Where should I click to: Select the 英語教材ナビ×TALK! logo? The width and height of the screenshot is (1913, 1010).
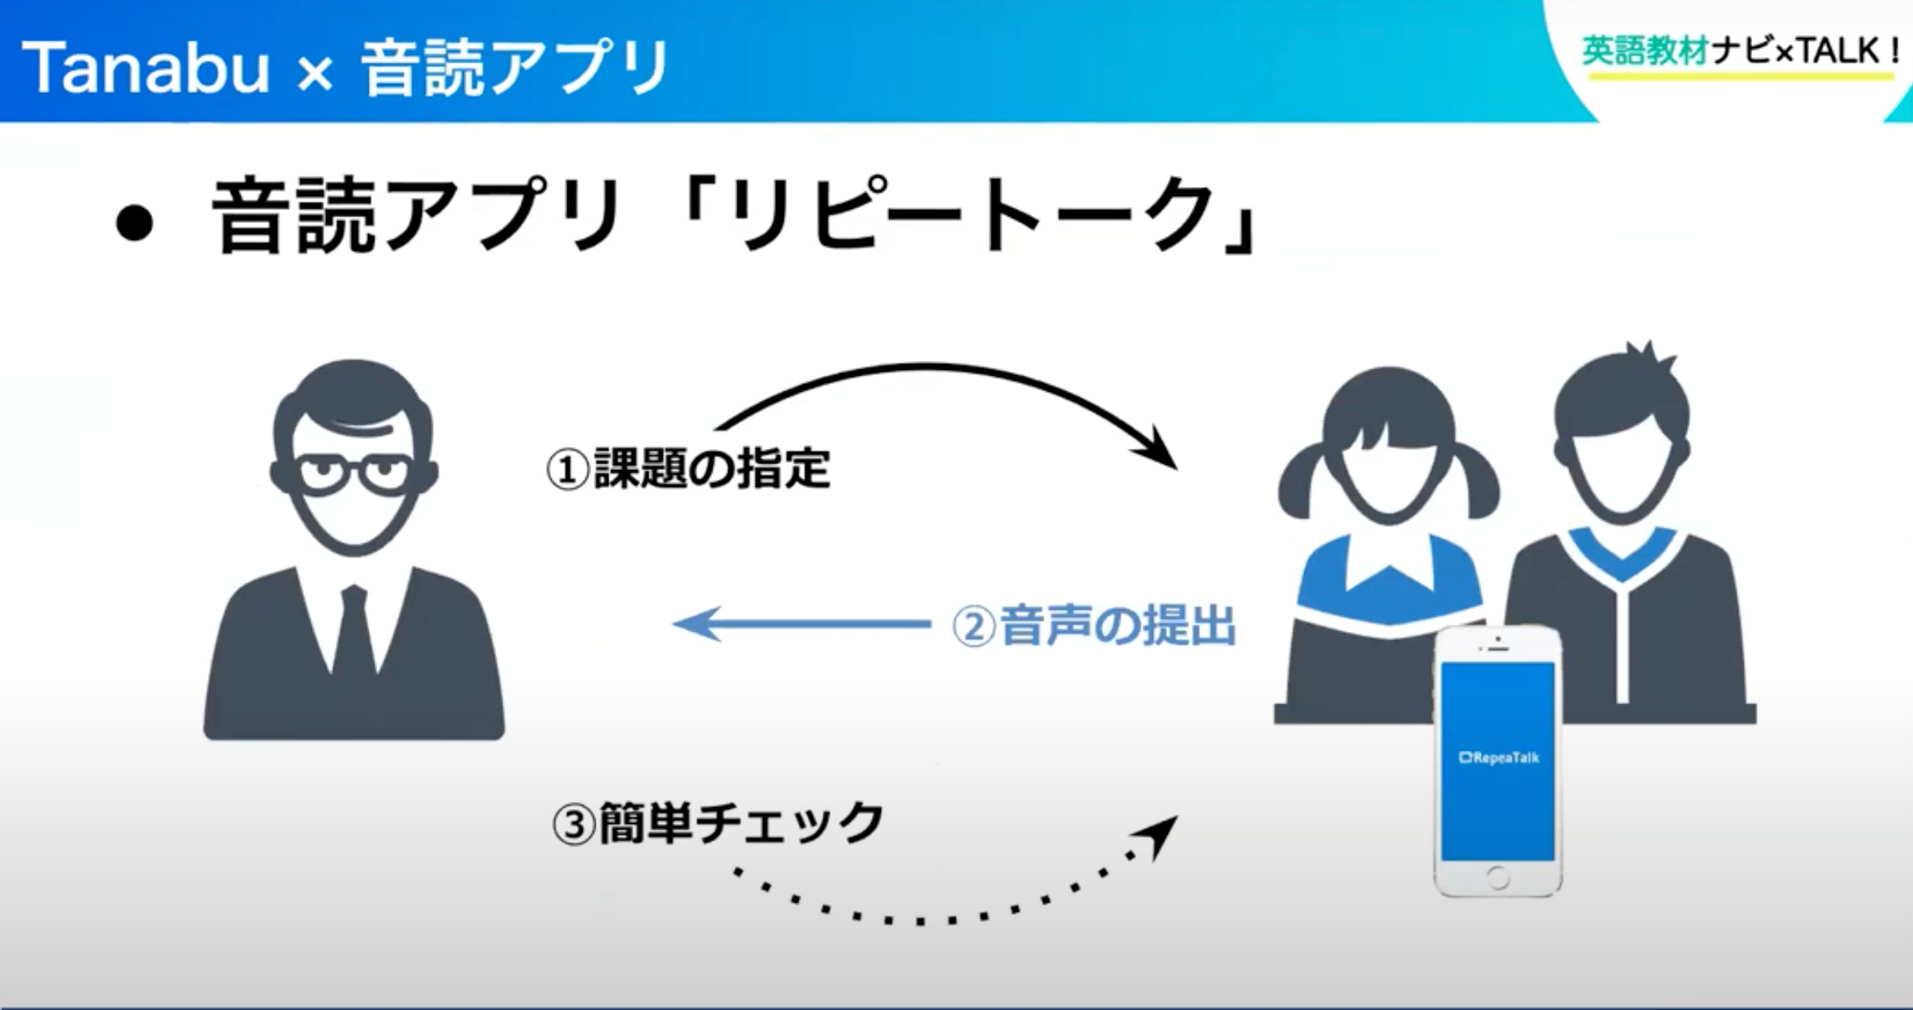(1739, 54)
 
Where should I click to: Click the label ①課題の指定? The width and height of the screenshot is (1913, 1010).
(689, 468)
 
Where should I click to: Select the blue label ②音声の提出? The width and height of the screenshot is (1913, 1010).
(1094, 626)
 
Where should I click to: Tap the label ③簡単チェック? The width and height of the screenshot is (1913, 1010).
(718, 823)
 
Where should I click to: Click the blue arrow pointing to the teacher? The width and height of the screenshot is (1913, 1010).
(800, 624)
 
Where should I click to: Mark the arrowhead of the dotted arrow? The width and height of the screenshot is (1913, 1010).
(1158, 834)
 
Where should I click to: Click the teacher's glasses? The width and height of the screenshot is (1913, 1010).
(354, 472)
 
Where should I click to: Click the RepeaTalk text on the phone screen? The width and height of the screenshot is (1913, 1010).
(1499, 758)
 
